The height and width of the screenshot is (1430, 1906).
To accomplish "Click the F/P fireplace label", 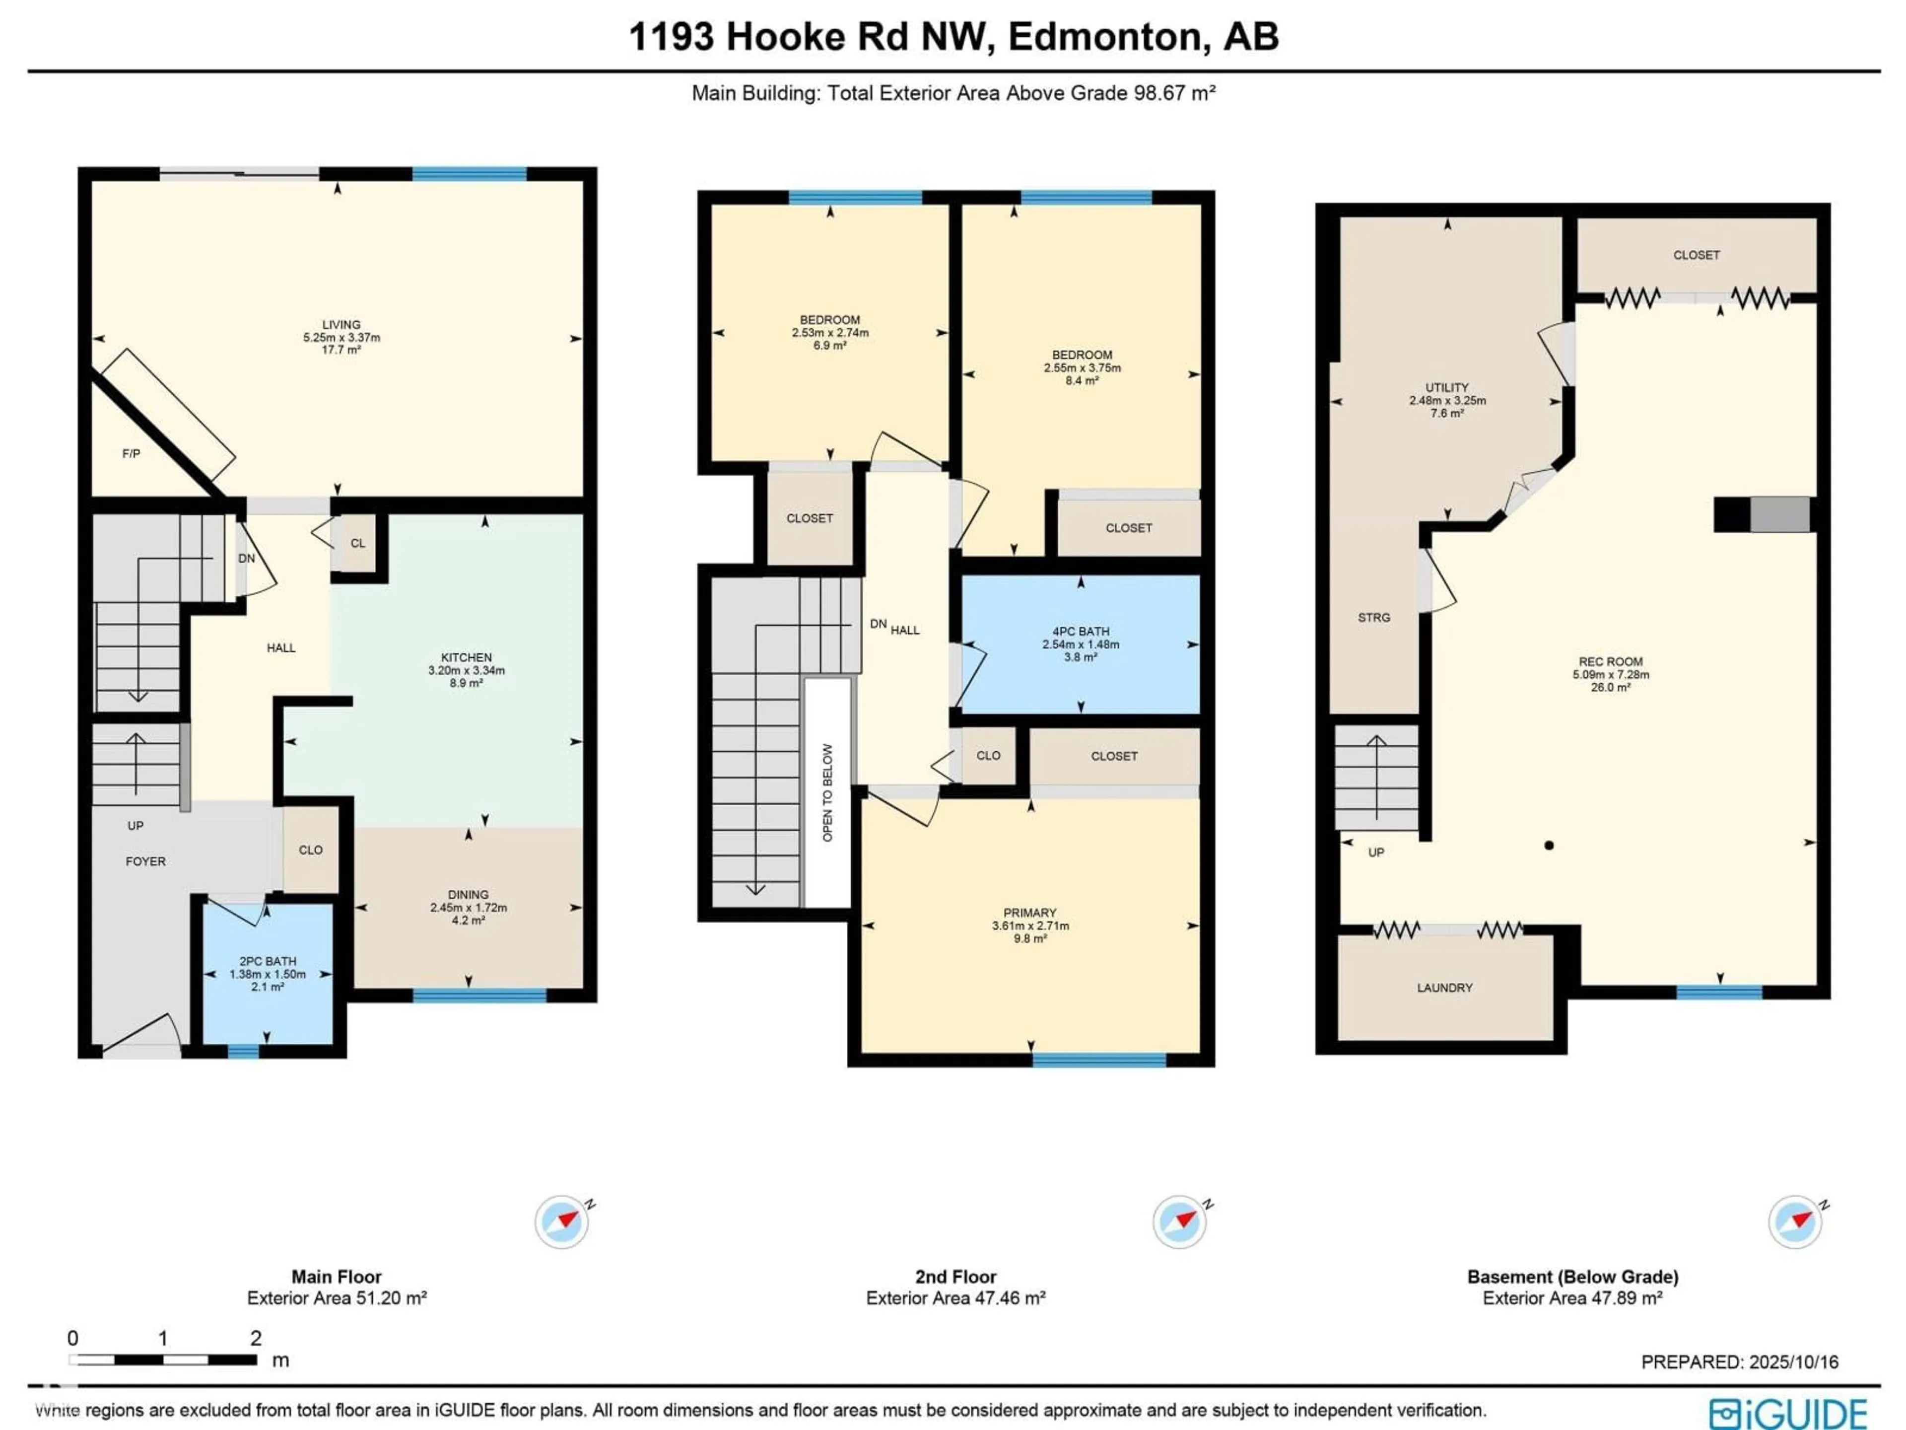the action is (131, 453).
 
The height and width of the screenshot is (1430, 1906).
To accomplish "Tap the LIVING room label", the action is (341, 325).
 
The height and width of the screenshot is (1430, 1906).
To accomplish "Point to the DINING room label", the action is (468, 895).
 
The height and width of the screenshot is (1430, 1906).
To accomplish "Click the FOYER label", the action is (145, 861).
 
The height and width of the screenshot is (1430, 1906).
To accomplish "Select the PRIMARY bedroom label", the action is (1030, 913).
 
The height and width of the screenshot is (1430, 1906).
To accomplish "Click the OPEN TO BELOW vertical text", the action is (827, 793).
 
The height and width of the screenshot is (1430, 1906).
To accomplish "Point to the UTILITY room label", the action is (1447, 388).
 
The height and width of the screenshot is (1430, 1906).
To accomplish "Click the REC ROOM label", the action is (1611, 662).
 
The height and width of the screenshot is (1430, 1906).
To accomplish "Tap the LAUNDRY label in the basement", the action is (1445, 988).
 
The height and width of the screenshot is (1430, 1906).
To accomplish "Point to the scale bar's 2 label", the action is (256, 1338).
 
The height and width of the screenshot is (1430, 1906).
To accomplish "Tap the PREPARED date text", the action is (1740, 1362).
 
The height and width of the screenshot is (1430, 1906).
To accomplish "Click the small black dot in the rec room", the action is (1549, 846).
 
